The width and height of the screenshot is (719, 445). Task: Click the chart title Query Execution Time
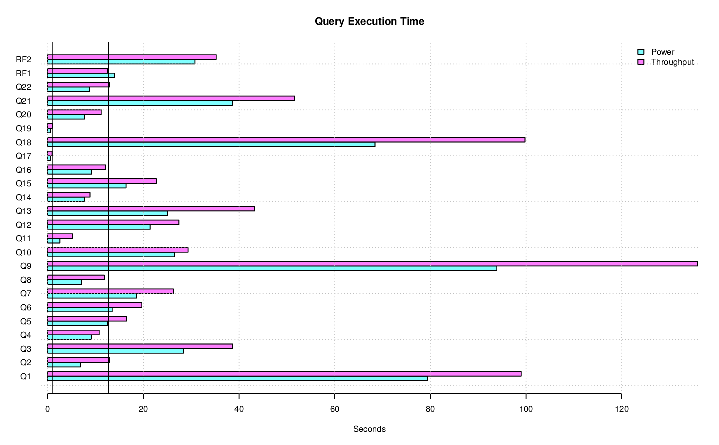coord(369,21)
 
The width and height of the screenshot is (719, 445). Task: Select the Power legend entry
coord(662,52)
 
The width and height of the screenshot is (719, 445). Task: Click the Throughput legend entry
coord(672,62)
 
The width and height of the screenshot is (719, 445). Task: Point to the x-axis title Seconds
coord(369,429)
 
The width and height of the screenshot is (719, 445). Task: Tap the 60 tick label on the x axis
coord(334,409)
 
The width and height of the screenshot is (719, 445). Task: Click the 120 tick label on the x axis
coord(621,409)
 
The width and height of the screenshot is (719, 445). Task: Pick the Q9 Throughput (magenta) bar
coord(372,264)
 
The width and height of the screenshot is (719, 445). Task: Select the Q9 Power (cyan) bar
coord(272,268)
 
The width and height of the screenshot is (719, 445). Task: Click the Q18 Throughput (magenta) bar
coord(286,140)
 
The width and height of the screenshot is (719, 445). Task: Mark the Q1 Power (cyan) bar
coord(237,379)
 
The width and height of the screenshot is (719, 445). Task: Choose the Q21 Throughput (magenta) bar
coord(171,98)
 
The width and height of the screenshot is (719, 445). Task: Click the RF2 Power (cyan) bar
coord(121,62)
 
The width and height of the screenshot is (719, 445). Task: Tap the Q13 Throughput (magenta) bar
coord(151,209)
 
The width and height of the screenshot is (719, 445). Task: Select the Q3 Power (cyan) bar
coord(115,351)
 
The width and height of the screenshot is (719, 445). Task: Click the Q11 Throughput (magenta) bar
coord(60,236)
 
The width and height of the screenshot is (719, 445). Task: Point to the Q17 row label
coord(23,156)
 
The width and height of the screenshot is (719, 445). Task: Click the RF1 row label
coord(23,74)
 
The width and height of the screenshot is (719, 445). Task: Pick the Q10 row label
coord(23,253)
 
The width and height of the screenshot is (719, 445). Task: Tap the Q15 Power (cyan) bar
coord(87,186)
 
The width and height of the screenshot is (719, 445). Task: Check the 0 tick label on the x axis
coord(48,409)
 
